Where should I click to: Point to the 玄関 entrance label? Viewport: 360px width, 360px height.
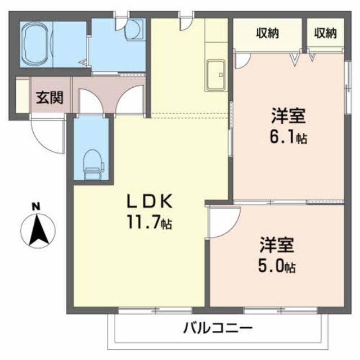pos(50,97)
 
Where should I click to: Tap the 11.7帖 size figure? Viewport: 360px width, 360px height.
pos(148,223)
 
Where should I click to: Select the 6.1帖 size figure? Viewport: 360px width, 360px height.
pos(288,137)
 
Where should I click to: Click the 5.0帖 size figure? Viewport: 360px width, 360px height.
pos(277,265)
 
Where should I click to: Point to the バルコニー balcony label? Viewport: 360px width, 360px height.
pos(218,328)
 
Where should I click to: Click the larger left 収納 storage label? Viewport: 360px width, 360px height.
pos(268,33)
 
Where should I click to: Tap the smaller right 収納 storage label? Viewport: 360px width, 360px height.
pos(325,33)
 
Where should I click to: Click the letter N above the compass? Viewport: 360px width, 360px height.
pos(35,206)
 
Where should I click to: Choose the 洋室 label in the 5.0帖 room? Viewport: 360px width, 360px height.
pos(277,245)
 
